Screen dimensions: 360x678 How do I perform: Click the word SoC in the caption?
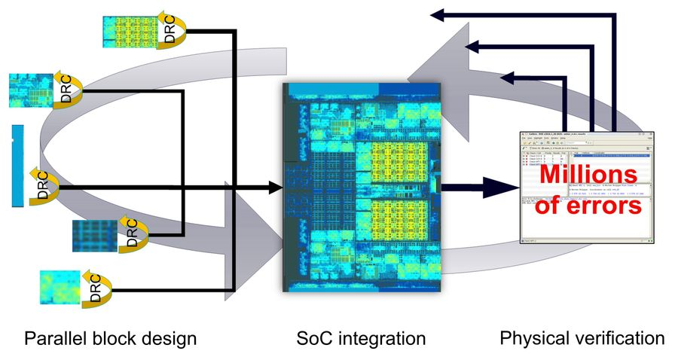click(311, 338)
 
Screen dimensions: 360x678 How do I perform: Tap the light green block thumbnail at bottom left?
click(60, 288)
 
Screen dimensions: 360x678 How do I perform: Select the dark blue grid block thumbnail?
click(96, 236)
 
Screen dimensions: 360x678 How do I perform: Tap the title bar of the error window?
click(583, 135)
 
